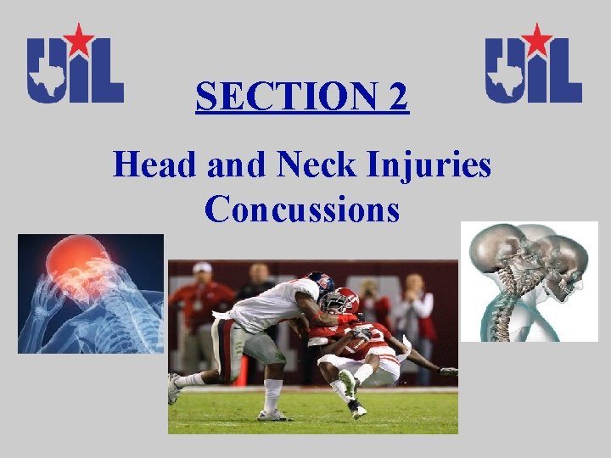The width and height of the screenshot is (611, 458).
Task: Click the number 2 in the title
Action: click(397, 98)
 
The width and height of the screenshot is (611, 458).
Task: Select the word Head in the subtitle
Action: click(149, 165)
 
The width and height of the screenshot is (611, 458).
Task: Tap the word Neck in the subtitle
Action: click(309, 165)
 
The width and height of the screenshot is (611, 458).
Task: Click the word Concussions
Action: click(301, 209)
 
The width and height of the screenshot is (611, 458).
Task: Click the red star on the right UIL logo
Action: click(536, 38)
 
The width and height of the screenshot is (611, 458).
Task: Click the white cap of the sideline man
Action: click(202, 267)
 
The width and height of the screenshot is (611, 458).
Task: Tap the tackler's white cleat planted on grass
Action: click(272, 414)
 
